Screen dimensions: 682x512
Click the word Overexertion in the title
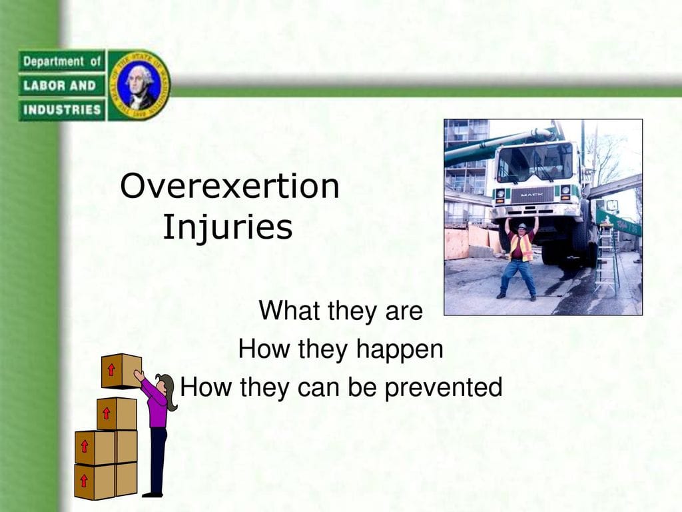pos(230,186)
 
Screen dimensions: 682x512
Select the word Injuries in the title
pos(228,227)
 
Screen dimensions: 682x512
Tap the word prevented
pos(444,387)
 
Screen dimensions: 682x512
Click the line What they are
pos(340,311)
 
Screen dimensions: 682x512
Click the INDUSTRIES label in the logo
pos(62,109)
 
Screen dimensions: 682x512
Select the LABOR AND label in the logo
pos(59,85)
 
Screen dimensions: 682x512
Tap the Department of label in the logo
pos(62,61)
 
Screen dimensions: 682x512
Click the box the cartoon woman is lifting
pos(121,371)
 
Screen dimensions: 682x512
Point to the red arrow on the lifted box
pos(111,369)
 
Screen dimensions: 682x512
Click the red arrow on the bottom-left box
pos(84,481)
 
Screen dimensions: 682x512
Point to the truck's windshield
pos(535,164)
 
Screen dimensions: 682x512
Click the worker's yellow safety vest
pos(521,247)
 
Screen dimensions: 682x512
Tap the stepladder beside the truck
pos(607,257)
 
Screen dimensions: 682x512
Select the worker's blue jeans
pos(518,277)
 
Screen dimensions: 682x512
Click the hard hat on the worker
pos(522,227)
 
